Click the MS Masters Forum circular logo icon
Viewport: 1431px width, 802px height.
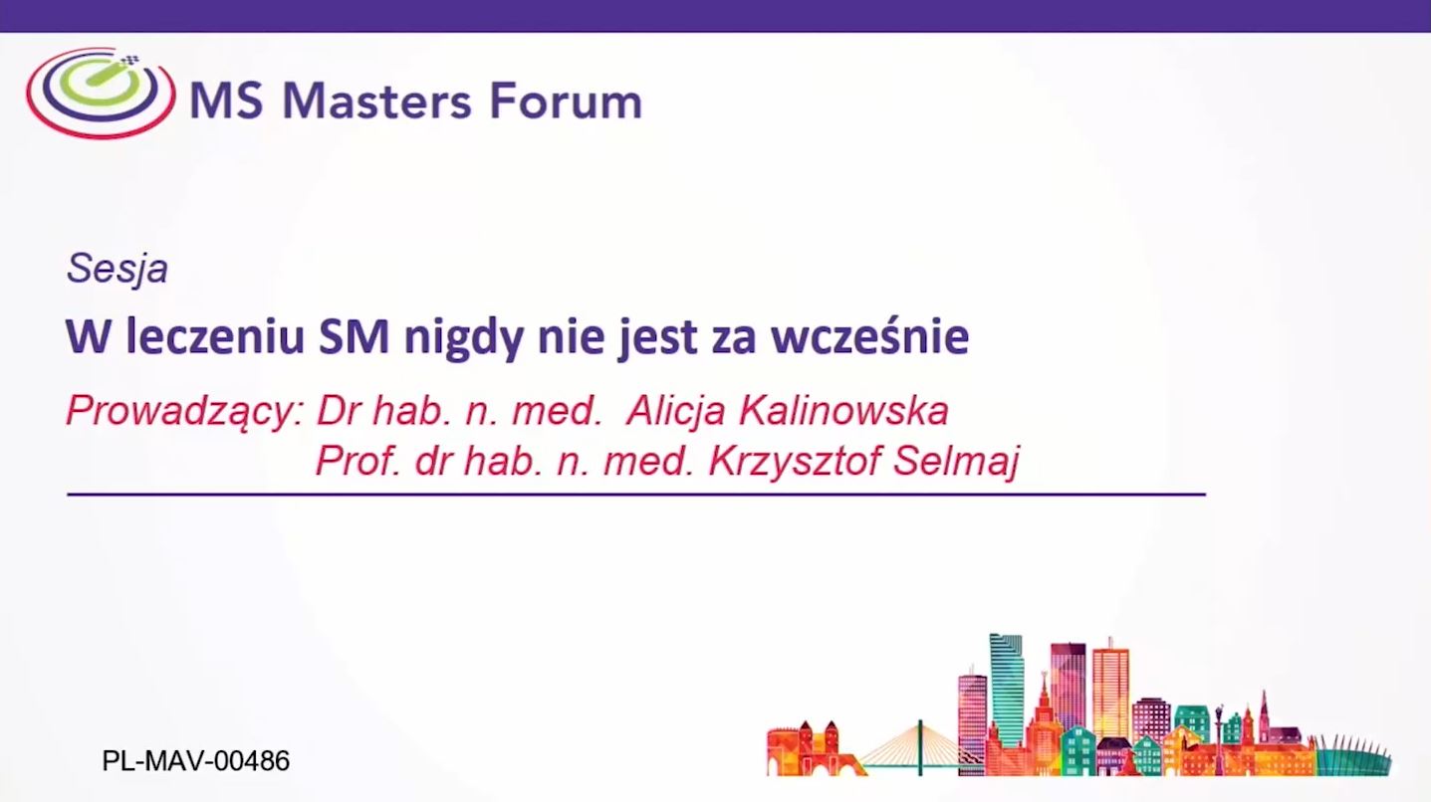point(101,94)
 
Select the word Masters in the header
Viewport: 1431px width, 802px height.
point(376,100)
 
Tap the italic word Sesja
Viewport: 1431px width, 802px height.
point(118,269)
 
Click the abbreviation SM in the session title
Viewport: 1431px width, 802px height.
point(354,336)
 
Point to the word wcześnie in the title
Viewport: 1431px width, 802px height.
point(870,336)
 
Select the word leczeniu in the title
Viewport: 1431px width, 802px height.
point(215,336)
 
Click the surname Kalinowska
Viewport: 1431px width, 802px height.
point(843,410)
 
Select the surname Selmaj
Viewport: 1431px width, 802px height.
point(956,461)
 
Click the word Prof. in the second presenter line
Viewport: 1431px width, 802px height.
point(358,460)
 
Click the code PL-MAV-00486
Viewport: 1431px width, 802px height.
point(195,761)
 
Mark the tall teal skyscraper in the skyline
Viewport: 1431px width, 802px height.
point(1006,690)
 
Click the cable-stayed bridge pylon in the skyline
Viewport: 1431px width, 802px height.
point(920,747)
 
